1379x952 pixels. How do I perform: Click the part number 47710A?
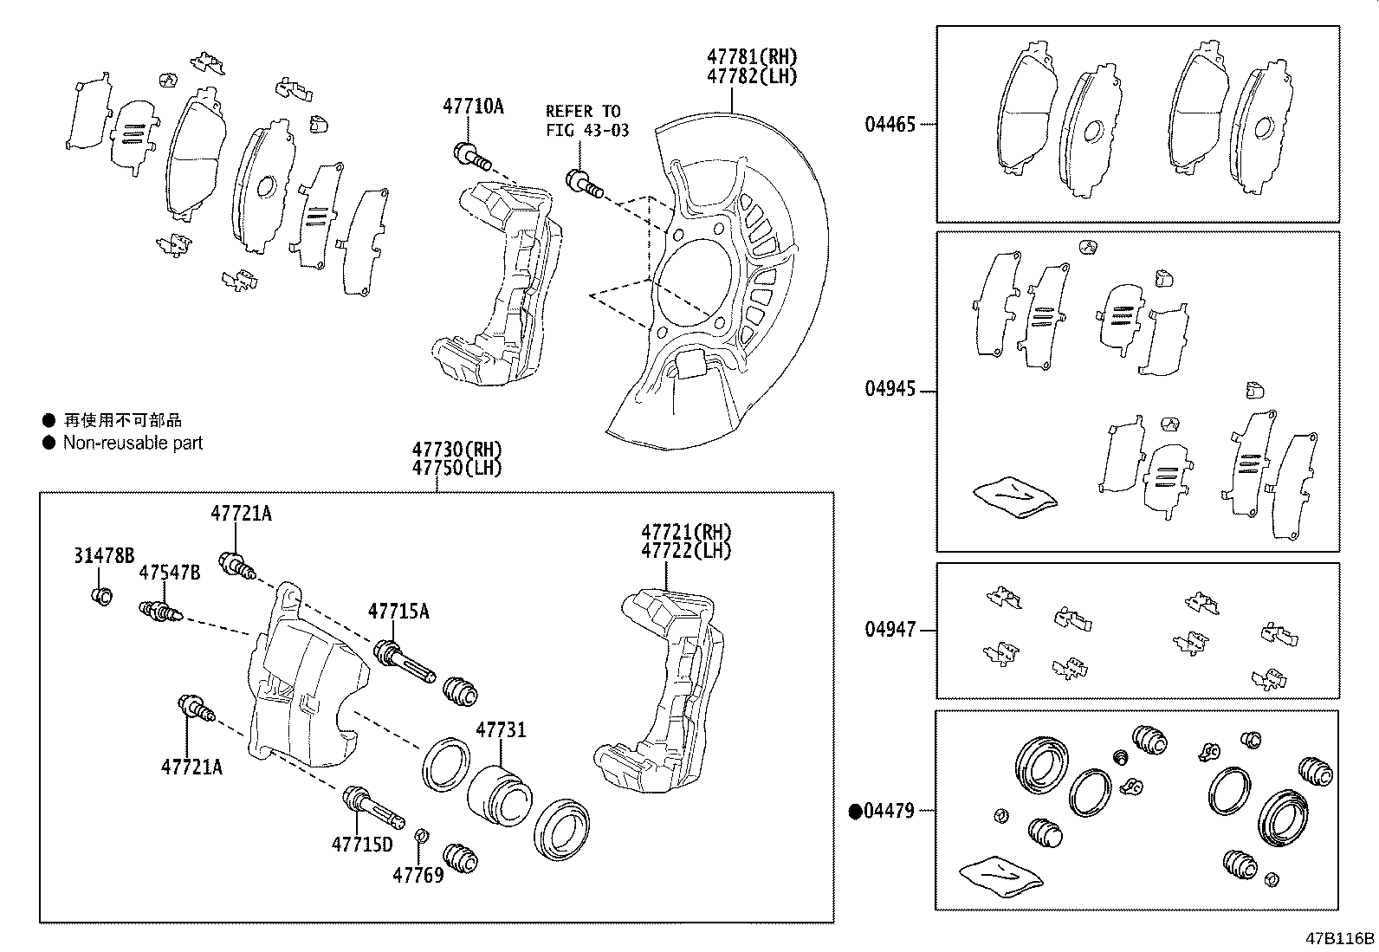click(473, 107)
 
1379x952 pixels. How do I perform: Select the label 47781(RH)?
click(751, 56)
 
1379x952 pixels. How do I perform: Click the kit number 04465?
click(890, 125)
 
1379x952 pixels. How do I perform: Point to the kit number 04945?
click(890, 389)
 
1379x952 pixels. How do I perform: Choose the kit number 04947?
click(890, 630)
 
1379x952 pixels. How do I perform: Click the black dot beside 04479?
click(856, 812)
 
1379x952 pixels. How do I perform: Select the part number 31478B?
click(104, 556)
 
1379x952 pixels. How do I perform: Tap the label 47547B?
click(170, 573)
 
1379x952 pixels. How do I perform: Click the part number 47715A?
click(398, 612)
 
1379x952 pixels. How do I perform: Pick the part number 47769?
click(418, 875)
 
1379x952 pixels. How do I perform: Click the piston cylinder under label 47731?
click(499, 791)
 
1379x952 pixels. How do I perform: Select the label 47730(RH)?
click(456, 450)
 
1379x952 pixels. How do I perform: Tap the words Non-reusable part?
click(133, 443)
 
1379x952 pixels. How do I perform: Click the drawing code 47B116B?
click(1341, 938)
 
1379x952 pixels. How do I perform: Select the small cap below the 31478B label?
click(101, 596)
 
